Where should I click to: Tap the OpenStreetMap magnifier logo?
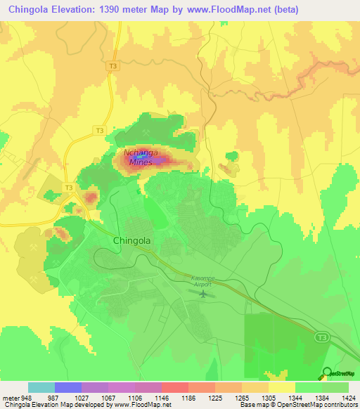click(327, 372)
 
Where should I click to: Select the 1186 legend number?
click(188, 397)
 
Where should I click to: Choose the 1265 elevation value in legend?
click(242, 397)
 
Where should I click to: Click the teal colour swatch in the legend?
click(41, 387)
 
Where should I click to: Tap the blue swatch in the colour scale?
click(68, 387)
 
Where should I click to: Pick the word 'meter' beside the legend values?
click(10, 397)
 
